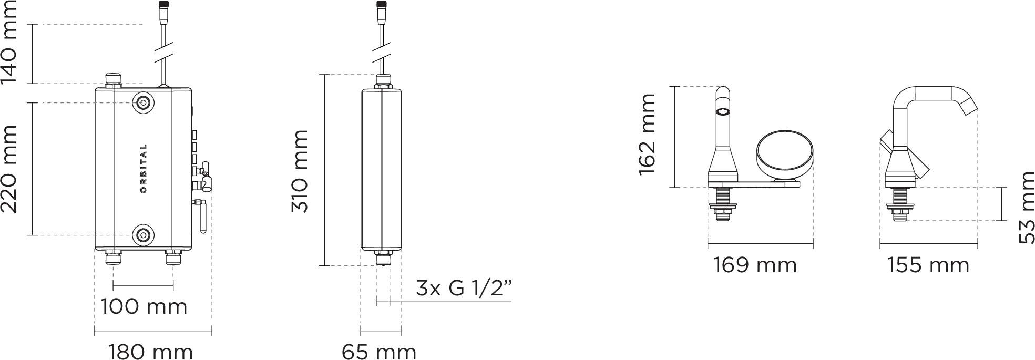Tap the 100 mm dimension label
[x=144, y=306]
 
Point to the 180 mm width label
[x=150, y=352]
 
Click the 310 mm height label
[x=300, y=171]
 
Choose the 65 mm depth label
[x=379, y=352]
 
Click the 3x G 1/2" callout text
[x=464, y=288]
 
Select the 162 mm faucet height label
[x=647, y=135]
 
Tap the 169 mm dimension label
[x=755, y=265]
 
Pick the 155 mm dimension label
[x=928, y=265]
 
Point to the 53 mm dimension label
[x=1026, y=208]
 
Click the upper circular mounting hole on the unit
[x=143, y=102]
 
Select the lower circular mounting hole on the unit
[x=143, y=235]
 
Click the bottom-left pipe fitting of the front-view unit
[x=113, y=258]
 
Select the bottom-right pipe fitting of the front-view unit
[x=172, y=258]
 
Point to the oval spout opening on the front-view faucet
[x=723, y=112]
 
